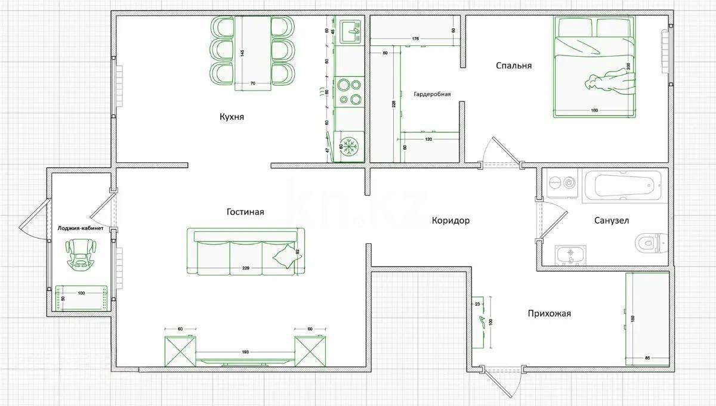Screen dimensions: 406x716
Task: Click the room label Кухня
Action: point(232,117)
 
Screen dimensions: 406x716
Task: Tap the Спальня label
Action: point(513,66)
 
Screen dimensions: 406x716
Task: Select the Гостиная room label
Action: point(245,212)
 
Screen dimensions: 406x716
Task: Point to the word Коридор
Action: point(450,221)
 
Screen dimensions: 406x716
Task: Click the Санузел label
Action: point(611,221)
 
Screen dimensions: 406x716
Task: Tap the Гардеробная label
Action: point(432,94)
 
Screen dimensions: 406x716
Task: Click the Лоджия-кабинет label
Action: point(80,228)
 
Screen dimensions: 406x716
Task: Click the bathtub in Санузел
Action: point(623,187)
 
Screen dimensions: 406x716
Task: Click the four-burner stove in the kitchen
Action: point(348,92)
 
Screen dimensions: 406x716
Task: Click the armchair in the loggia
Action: point(79,254)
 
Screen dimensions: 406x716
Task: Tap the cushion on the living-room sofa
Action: point(285,256)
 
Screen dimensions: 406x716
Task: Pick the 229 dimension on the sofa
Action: point(245,268)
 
